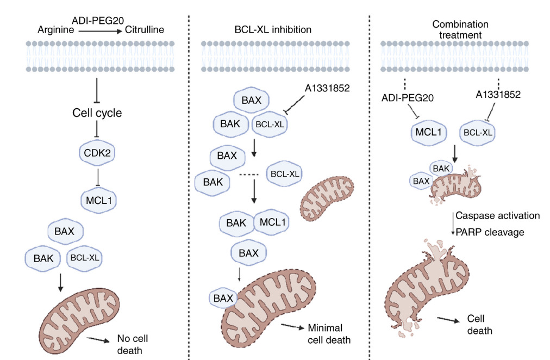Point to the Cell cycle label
97,114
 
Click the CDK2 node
98,153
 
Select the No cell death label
130,344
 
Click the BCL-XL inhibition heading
270,28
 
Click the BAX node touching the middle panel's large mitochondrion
223,297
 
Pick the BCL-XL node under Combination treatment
478,131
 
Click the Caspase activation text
497,215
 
